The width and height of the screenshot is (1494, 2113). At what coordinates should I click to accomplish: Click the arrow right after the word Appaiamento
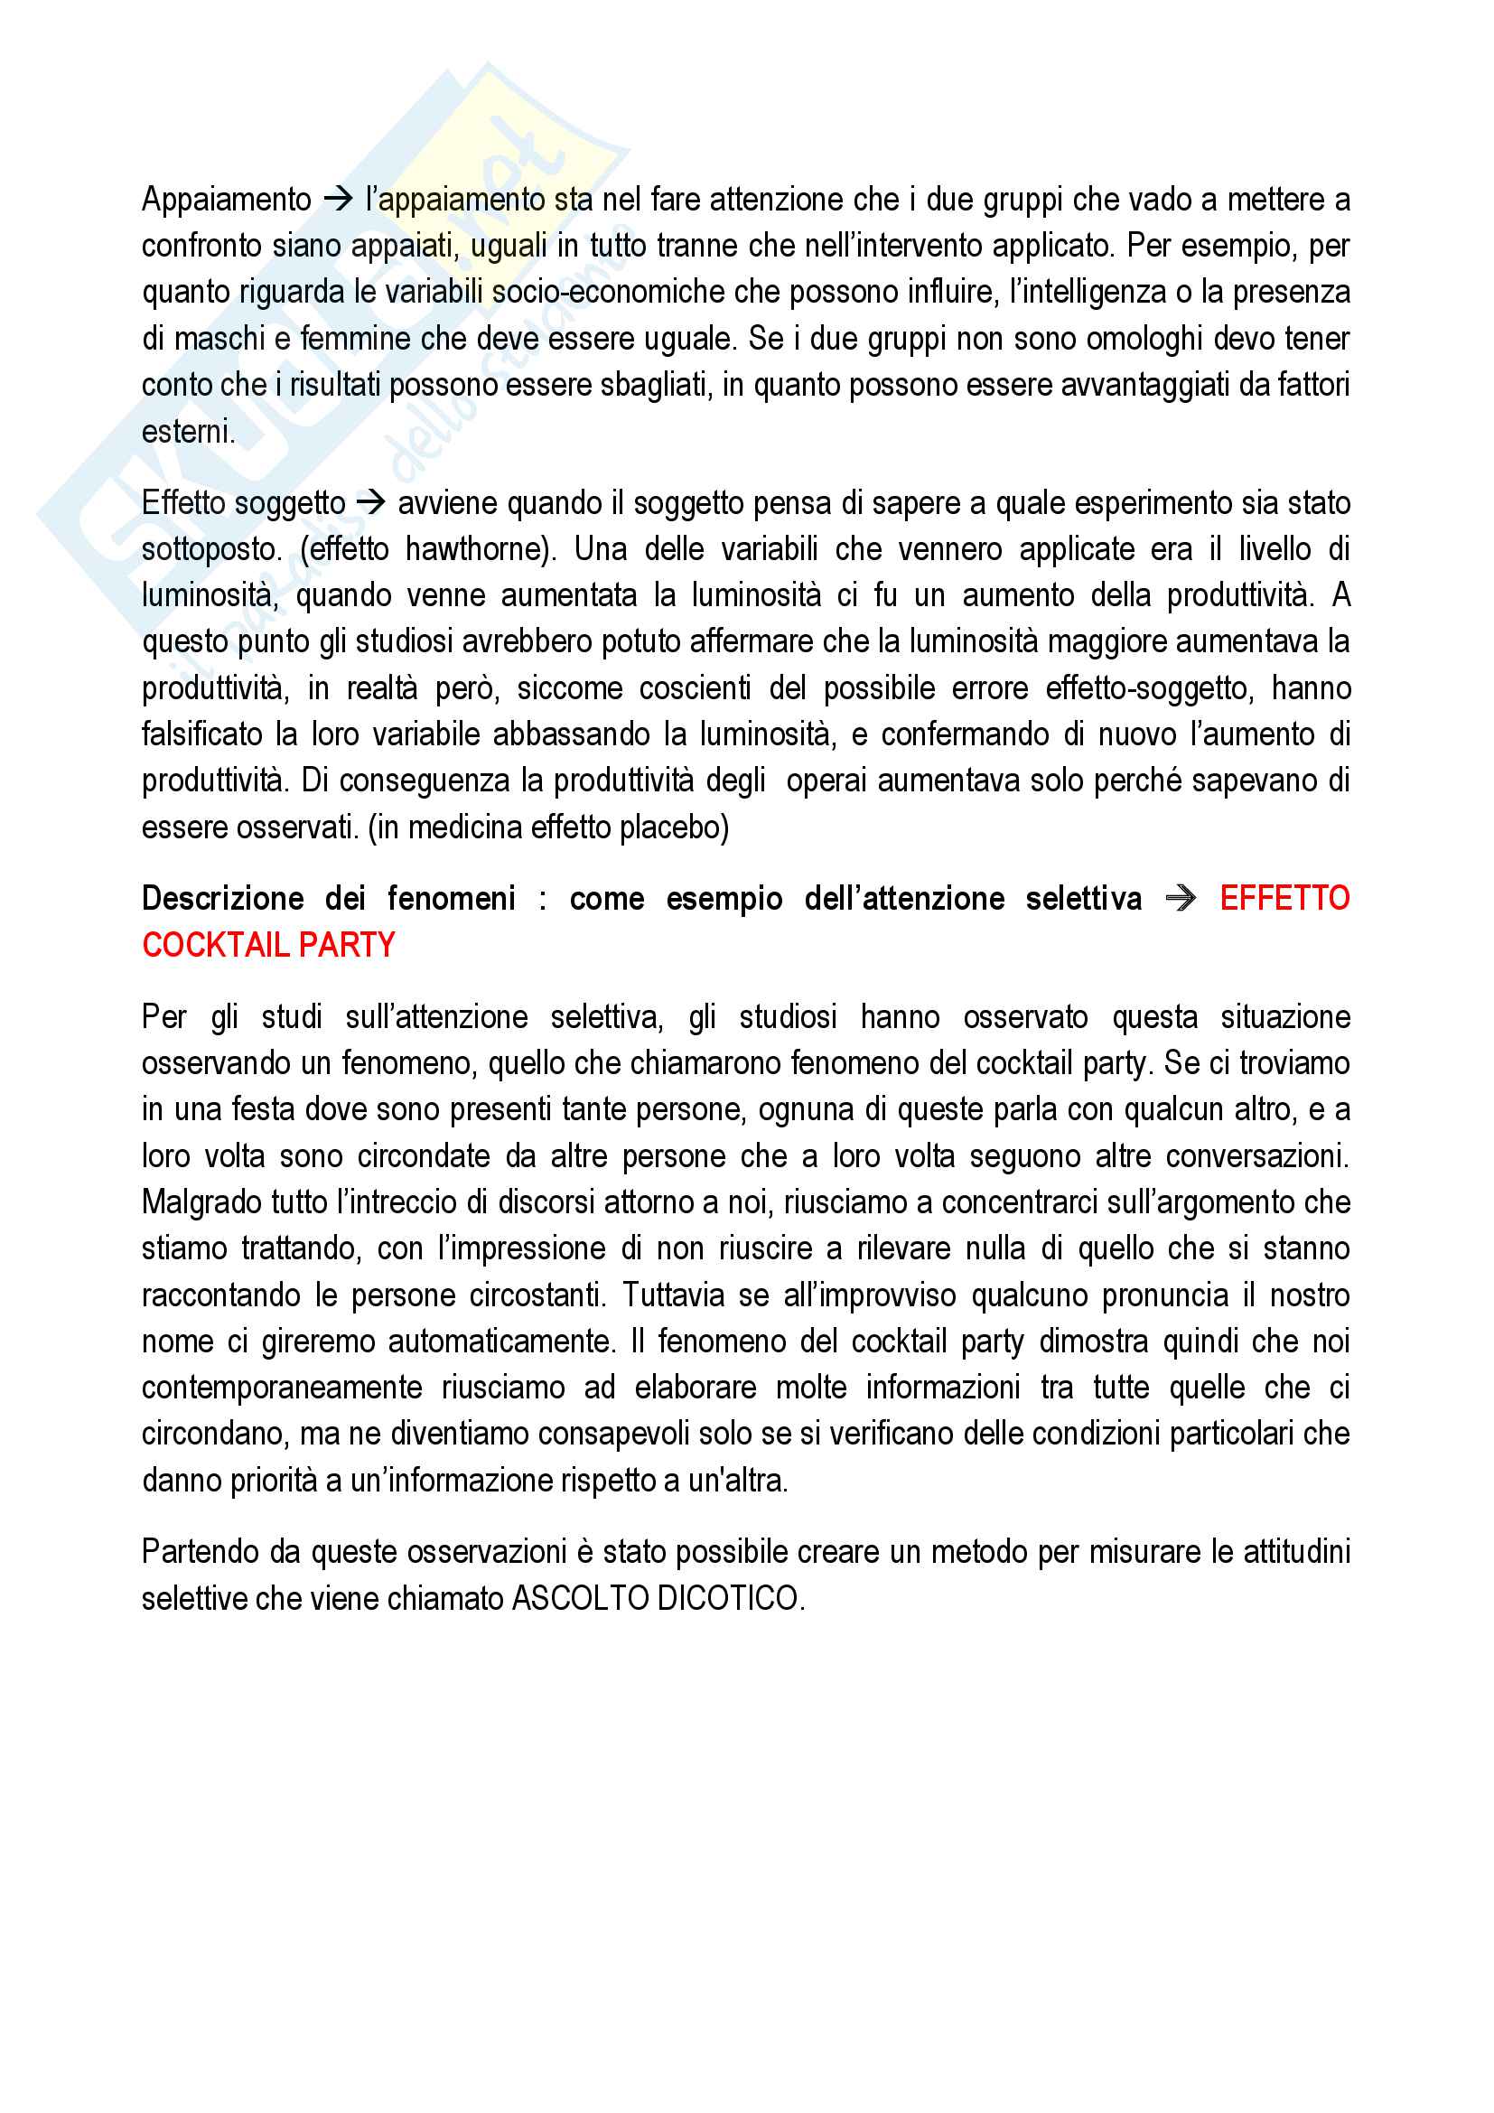[x=339, y=199]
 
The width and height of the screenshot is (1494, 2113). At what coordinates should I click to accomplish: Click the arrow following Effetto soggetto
[x=370, y=502]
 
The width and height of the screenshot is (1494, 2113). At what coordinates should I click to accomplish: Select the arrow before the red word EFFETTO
[x=1181, y=897]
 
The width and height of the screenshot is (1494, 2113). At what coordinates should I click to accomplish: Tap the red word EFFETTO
[x=1284, y=897]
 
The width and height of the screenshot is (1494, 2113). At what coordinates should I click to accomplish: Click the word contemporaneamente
[x=282, y=1388]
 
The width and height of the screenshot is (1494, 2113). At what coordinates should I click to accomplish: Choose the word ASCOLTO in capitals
[x=580, y=1599]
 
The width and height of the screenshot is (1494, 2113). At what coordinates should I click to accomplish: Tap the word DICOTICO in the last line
[x=730, y=1599]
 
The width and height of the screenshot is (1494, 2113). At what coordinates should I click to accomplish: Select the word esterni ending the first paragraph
[x=188, y=432]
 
